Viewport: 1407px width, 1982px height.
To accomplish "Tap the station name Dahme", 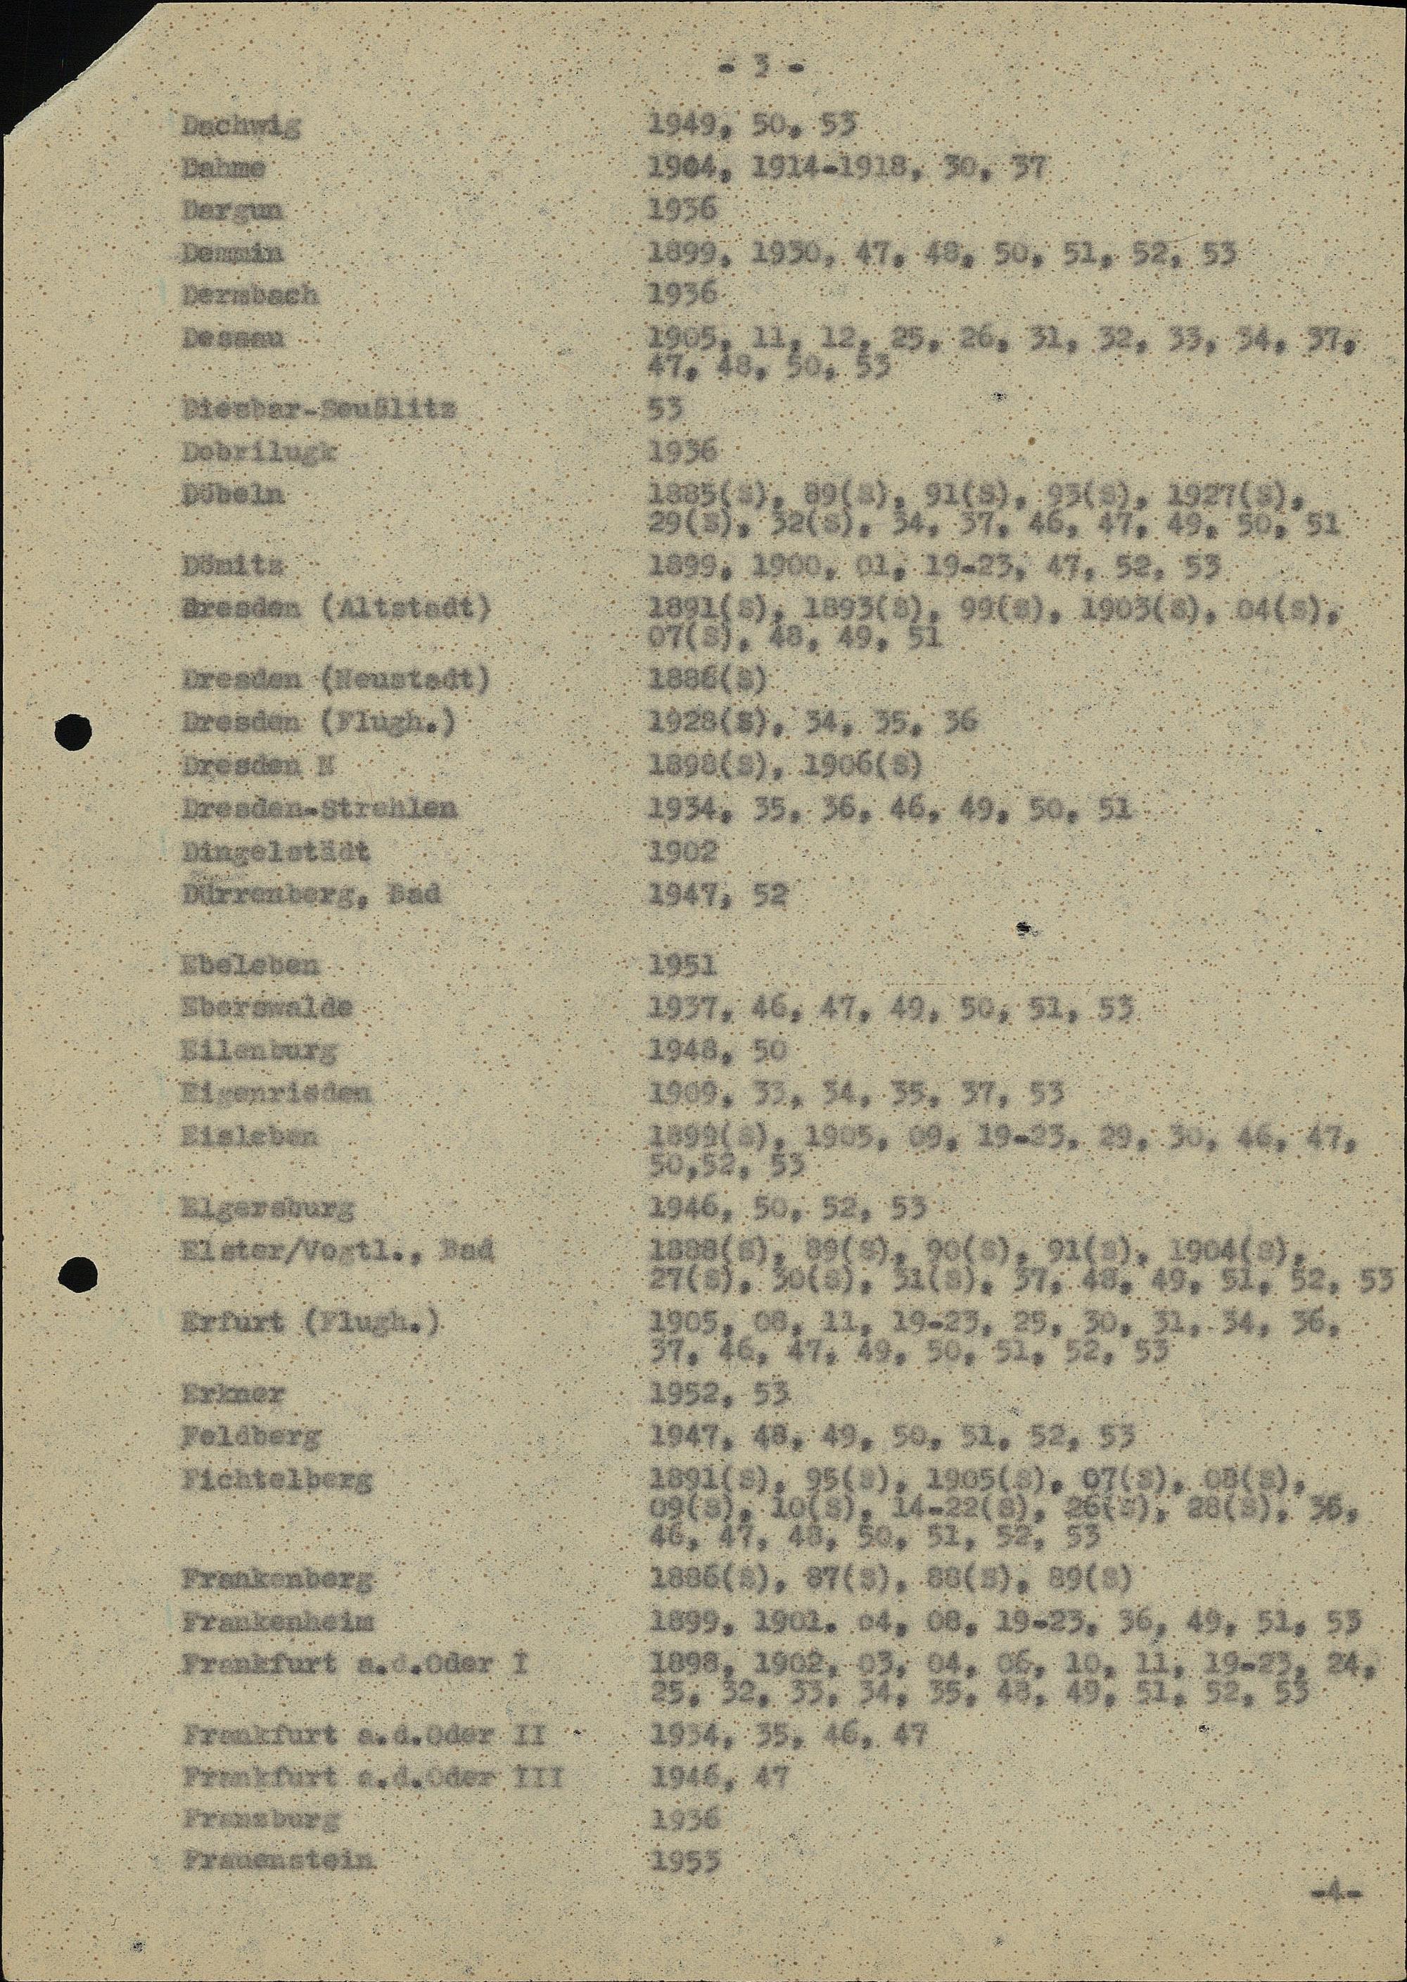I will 223,168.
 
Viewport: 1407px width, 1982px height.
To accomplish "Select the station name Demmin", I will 233,253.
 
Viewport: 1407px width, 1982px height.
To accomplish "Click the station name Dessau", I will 233,338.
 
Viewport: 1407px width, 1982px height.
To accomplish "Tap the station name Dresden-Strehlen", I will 319,809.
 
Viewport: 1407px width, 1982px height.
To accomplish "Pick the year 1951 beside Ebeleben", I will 682,964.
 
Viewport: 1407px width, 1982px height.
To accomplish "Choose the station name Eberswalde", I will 267,1007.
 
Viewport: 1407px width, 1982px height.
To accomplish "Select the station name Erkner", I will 231,1394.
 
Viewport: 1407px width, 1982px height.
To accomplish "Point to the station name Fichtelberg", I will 276,1479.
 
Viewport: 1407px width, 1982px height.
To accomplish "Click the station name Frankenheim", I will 276,1622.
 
